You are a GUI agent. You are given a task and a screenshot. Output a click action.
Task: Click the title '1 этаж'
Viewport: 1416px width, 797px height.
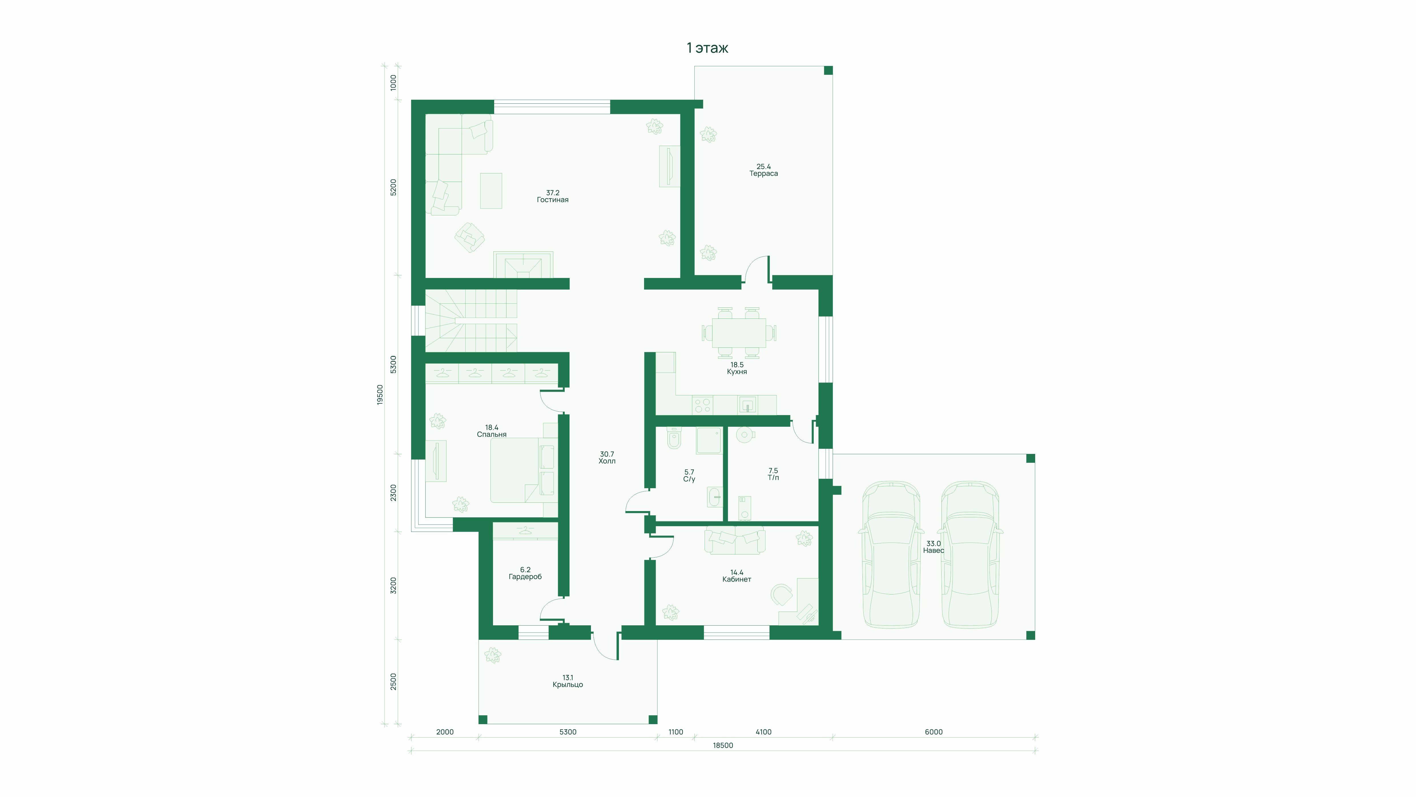(x=707, y=48)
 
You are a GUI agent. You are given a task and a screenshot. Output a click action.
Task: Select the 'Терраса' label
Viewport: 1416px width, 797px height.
(x=763, y=174)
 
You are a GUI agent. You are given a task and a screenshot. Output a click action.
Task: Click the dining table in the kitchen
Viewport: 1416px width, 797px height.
(x=739, y=333)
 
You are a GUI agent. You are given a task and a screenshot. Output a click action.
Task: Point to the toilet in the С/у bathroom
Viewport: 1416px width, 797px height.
(x=674, y=438)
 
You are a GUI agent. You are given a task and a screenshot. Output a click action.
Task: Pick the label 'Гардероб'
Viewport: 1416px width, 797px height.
(x=525, y=577)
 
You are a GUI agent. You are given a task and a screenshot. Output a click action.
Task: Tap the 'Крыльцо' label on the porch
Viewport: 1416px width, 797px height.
(x=568, y=685)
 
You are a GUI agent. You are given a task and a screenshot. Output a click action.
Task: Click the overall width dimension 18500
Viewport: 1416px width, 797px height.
(x=723, y=745)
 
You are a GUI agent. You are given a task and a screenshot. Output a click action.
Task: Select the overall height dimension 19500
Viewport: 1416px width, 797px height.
(x=380, y=395)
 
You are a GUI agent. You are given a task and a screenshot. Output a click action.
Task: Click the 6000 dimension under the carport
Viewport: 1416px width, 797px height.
(x=933, y=732)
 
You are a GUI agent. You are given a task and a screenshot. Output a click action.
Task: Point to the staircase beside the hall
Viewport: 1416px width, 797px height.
(x=472, y=321)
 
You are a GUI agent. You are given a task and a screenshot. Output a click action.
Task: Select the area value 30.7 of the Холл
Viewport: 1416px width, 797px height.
(x=607, y=454)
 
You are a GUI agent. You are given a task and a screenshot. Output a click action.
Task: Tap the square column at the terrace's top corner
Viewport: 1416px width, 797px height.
(x=828, y=70)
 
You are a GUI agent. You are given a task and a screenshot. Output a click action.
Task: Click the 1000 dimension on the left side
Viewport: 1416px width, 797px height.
(x=393, y=83)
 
